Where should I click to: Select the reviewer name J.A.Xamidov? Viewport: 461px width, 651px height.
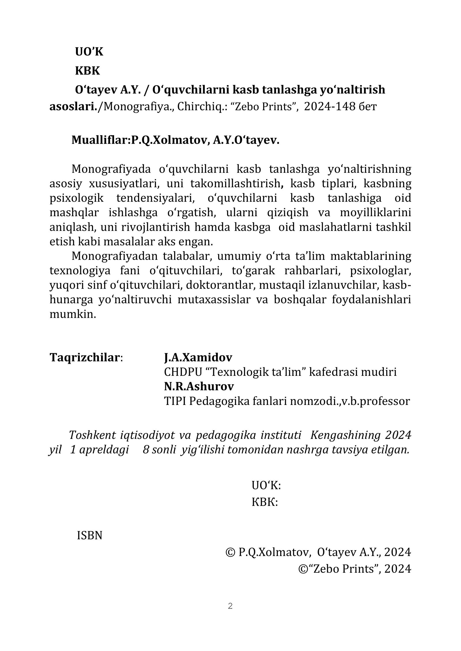[x=198, y=358]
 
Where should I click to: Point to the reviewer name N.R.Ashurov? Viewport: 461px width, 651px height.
[x=199, y=387]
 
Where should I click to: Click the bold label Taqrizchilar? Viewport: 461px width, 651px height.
[x=84, y=358]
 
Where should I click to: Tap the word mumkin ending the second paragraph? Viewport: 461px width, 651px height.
[x=72, y=314]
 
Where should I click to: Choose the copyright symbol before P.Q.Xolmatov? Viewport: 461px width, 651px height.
[x=230, y=552]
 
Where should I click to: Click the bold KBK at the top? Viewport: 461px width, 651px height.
[x=88, y=71]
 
